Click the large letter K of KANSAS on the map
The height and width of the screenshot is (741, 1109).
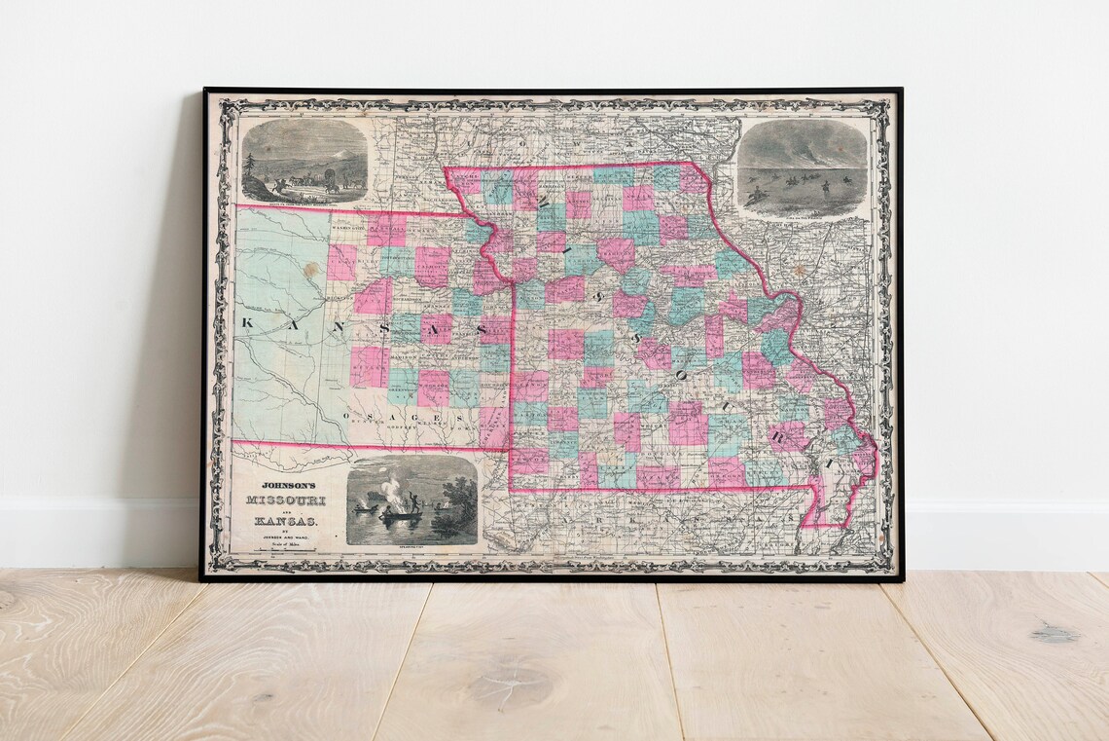246,322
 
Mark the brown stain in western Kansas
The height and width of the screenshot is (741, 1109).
310,271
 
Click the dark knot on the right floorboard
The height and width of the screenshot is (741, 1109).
1054,635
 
